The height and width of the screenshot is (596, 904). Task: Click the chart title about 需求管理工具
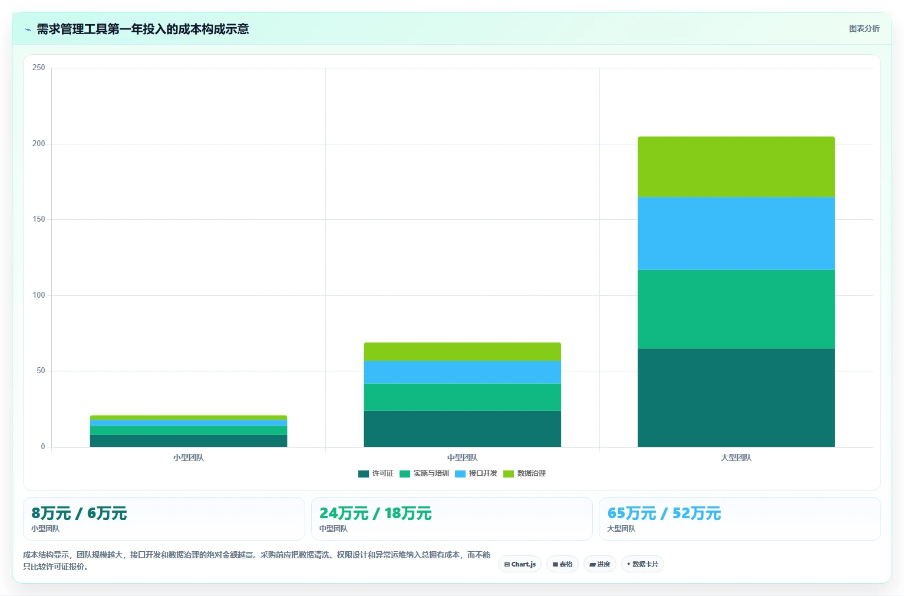[143, 29]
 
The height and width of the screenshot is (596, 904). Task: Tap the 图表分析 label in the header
[864, 29]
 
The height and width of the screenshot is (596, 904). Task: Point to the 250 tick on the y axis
[39, 67]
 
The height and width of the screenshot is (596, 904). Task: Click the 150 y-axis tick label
[39, 219]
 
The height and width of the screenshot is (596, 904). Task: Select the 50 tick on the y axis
[41, 370]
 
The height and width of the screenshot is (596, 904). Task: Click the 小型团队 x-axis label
[189, 457]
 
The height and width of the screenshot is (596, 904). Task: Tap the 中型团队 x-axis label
[463, 457]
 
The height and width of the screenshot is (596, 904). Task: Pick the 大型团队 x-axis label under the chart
[736, 457]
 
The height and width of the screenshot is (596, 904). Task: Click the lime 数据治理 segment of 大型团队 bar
[736, 167]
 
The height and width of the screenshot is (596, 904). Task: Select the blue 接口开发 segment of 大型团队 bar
[736, 233]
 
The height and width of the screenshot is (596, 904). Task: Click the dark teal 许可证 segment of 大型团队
[736, 398]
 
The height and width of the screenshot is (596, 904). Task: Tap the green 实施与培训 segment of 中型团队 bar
[463, 397]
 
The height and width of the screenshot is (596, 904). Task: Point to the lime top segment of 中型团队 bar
[463, 352]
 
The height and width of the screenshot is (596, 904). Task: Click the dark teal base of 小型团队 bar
[189, 440]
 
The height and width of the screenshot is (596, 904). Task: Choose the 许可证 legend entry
[376, 473]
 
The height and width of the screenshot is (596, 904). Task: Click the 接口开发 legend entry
[476, 473]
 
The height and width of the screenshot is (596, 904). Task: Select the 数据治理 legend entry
[524, 473]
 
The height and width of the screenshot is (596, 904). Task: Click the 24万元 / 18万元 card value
[375, 513]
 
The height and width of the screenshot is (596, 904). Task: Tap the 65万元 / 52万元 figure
[664, 513]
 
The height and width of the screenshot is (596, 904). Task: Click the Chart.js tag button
[520, 564]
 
